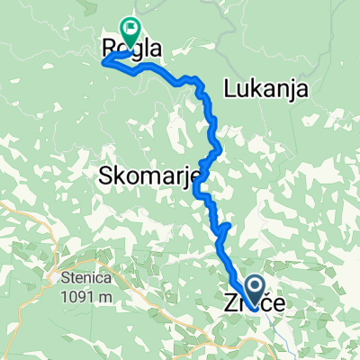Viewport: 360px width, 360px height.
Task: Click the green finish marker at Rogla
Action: tap(130, 32)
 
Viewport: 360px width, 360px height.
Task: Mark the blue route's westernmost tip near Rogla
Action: tap(103, 62)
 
